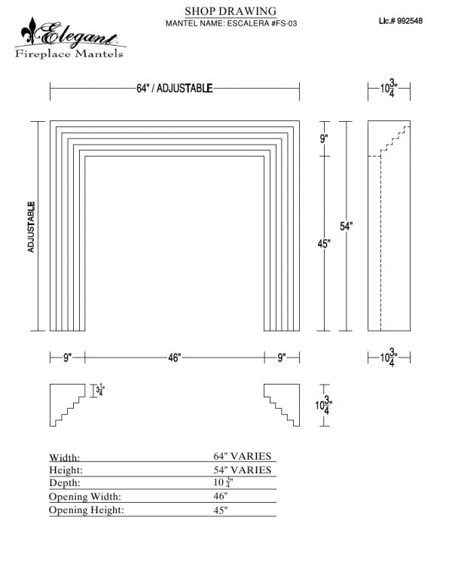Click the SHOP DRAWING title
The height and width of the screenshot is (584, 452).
pyautogui.click(x=231, y=11)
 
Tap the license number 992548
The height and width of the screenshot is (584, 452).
pyautogui.click(x=410, y=21)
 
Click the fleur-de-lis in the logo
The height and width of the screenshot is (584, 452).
pyautogui.click(x=29, y=31)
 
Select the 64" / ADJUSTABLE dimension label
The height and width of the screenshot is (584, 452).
pyautogui.click(x=175, y=88)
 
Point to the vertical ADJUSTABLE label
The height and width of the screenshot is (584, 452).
pyautogui.click(x=31, y=227)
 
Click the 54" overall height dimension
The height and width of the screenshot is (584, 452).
pyautogui.click(x=346, y=226)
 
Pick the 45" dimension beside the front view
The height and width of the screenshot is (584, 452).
pyautogui.click(x=324, y=244)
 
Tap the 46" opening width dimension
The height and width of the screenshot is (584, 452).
pyautogui.click(x=174, y=357)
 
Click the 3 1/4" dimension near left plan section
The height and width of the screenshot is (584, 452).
pyautogui.click(x=100, y=391)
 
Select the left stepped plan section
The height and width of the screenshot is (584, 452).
pyautogui.click(x=68, y=405)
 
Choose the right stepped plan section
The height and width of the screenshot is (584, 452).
pyautogui.click(x=282, y=405)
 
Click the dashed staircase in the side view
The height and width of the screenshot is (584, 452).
pyautogui.click(x=395, y=138)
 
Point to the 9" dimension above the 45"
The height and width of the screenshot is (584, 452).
pyautogui.click(x=324, y=138)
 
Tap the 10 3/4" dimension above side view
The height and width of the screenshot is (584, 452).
pyautogui.click(x=389, y=88)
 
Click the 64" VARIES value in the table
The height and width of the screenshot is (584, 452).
pyautogui.click(x=243, y=456)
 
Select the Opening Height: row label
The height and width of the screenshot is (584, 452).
pyautogui.click(x=86, y=509)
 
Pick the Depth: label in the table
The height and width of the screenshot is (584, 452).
pyautogui.click(x=65, y=482)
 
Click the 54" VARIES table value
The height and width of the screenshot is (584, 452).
pyautogui.click(x=243, y=470)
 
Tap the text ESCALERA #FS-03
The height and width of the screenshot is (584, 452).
pyautogui.click(x=262, y=23)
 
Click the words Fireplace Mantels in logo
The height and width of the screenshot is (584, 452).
pyautogui.click(x=69, y=53)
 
